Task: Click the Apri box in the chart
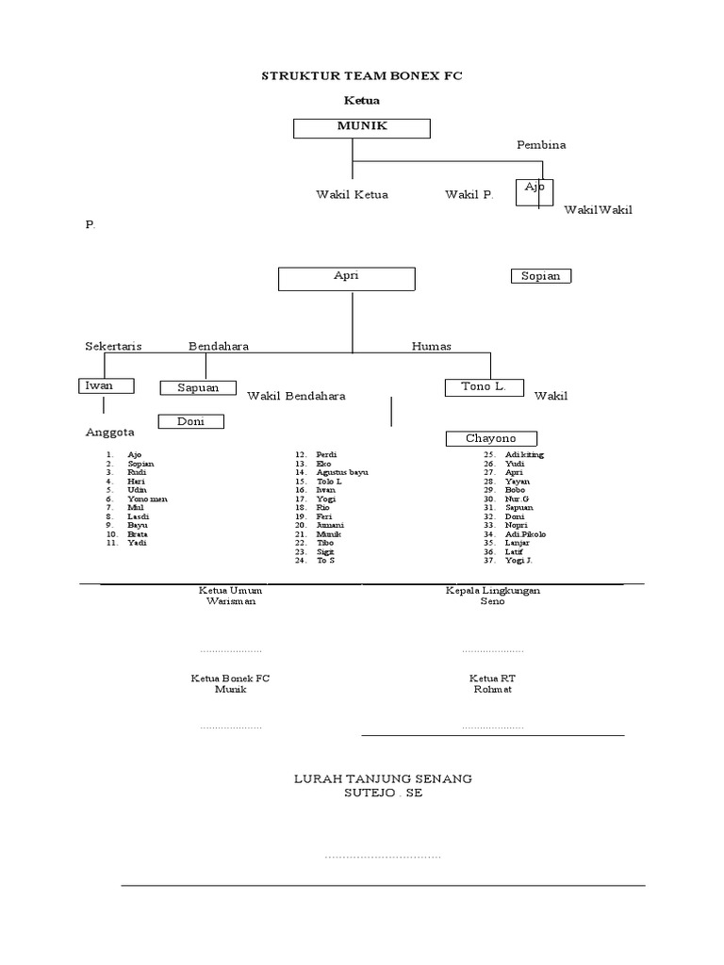pos(346,279)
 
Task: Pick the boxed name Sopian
pos(541,276)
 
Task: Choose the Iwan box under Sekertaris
pos(105,385)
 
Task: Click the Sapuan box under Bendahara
pos(198,387)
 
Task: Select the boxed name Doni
pos(190,421)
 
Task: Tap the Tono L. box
pos(485,387)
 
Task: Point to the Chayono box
pos(491,438)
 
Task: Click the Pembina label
pos(541,145)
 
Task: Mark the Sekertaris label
pos(113,346)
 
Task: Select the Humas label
pos(431,346)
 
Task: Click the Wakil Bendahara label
pos(296,396)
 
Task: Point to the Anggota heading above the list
pos(110,433)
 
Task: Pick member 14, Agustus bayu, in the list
pos(342,472)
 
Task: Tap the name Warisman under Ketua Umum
pos(230,601)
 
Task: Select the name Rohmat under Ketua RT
pos(492,690)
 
